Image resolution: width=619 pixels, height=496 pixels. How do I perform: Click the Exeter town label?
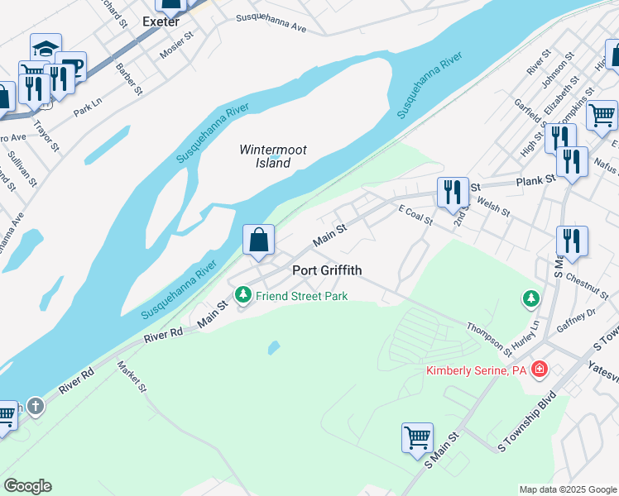pos(160,21)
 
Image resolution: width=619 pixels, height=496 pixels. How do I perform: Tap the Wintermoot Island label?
pos(272,156)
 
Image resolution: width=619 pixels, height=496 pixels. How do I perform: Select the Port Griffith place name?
pos(327,270)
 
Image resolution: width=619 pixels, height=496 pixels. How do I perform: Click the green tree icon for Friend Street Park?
pos(242,294)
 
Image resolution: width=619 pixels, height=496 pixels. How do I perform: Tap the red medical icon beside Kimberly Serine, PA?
pos(540,369)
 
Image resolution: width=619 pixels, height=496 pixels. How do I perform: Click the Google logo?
pos(27,486)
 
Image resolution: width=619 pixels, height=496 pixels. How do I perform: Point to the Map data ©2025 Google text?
pos(568,489)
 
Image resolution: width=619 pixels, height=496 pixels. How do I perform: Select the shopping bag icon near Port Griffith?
pos(259,240)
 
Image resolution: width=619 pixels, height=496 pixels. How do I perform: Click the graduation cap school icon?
pos(46,48)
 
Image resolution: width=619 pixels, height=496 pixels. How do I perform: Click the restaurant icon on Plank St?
pos(453,192)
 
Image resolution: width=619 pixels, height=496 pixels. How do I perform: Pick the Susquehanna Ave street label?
pos(271,22)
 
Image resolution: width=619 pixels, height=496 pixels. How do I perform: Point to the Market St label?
pos(132,377)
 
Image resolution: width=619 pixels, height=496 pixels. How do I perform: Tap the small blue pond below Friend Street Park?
pos(274,347)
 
